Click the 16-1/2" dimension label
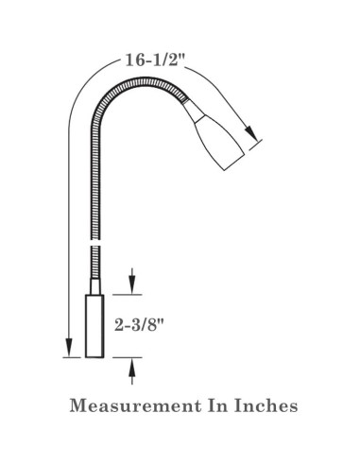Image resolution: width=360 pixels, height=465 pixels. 155,60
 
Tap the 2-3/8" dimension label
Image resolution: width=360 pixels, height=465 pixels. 140,325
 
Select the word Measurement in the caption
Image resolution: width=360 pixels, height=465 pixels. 135,405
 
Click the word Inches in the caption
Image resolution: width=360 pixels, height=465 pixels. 266,405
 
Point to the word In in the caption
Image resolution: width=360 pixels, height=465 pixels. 217,405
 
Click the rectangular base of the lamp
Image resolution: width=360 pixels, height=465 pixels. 94,326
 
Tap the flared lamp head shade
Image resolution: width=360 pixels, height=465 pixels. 219,144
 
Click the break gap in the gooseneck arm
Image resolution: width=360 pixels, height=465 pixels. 95,243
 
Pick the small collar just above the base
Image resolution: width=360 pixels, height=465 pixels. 95,286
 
